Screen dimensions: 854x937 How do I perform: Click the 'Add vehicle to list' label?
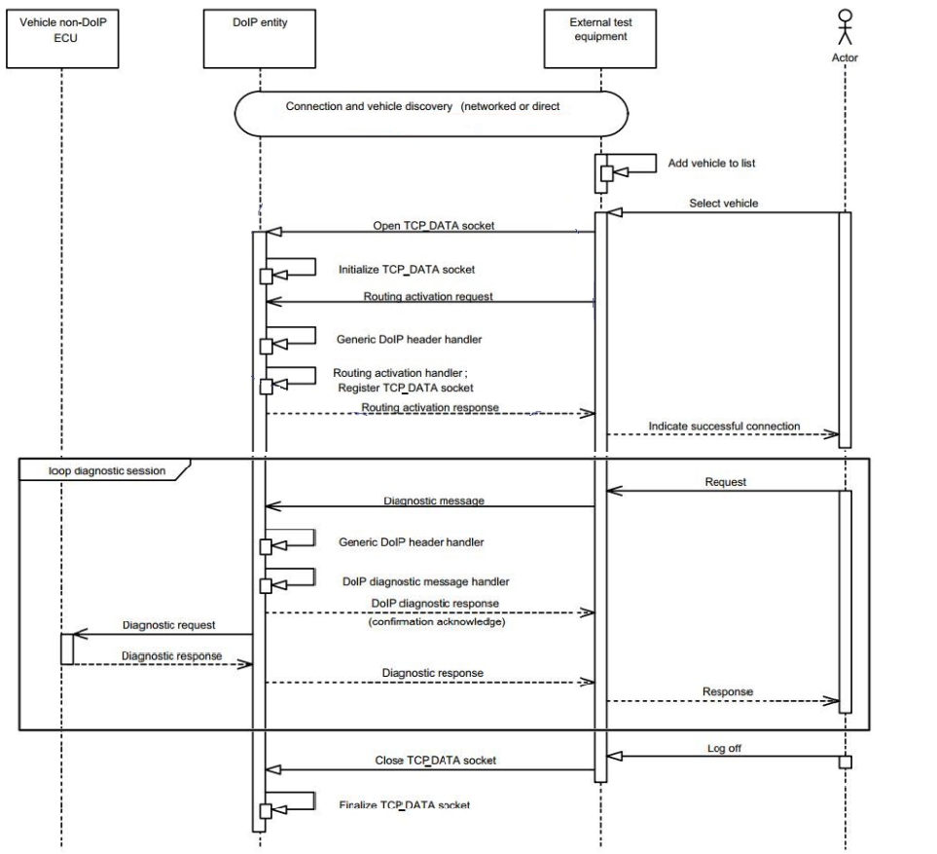pyautogui.click(x=711, y=164)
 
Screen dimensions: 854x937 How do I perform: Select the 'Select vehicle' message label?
pyautogui.click(x=722, y=204)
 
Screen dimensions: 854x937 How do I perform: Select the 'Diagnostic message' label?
pyautogui.click(x=433, y=501)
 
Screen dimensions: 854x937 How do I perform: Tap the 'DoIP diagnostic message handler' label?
pyautogui.click(x=426, y=580)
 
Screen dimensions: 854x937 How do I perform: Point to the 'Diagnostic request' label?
pyautogui.click(x=169, y=624)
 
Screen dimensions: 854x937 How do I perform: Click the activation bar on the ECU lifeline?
pyautogui.click(x=66, y=649)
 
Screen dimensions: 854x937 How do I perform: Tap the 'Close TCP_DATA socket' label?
pyautogui.click(x=429, y=760)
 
